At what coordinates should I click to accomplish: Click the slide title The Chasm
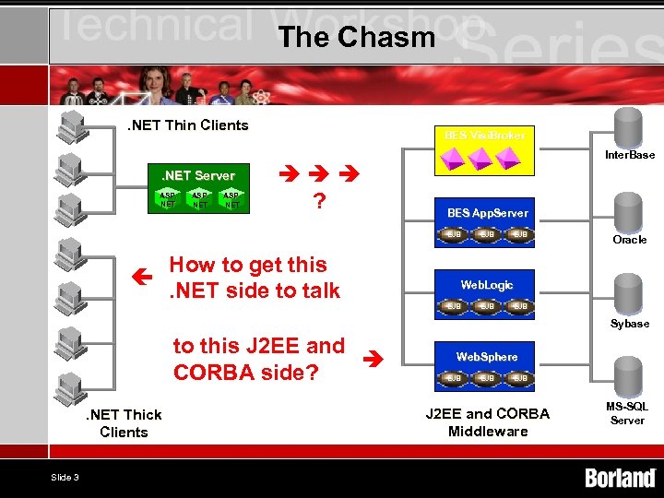click(355, 37)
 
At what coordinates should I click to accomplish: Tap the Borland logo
click(620, 478)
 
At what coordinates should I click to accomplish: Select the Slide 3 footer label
click(65, 477)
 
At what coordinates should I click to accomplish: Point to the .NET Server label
click(198, 175)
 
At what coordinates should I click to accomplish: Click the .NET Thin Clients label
click(188, 125)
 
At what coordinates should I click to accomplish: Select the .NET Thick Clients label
click(124, 423)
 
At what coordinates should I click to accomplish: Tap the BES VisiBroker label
click(486, 136)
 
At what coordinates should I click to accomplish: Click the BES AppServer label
click(487, 213)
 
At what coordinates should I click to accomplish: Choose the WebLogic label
click(487, 285)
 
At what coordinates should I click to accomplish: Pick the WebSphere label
click(487, 356)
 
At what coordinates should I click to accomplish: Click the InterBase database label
click(630, 155)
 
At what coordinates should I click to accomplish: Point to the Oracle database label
click(630, 240)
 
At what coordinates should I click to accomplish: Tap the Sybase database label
click(630, 324)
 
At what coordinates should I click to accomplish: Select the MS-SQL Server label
click(627, 413)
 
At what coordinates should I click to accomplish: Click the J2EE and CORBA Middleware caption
click(487, 422)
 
